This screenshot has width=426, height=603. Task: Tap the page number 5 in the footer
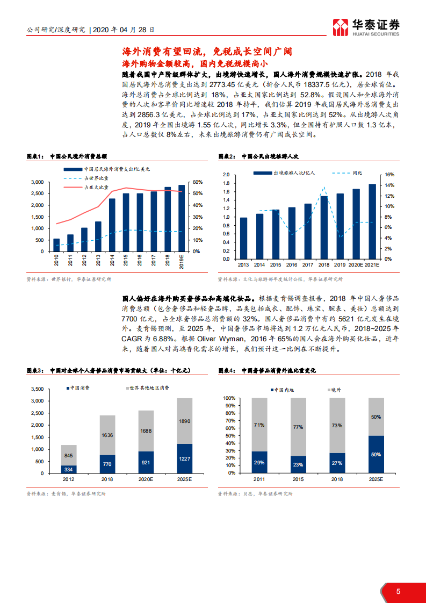pyautogui.click(x=398, y=591)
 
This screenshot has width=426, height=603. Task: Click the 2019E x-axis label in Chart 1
pyautogui.click(x=182, y=262)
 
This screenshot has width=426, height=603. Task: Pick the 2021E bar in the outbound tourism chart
pyautogui.click(x=372, y=221)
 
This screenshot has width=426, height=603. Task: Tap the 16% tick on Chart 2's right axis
pyautogui.click(x=389, y=175)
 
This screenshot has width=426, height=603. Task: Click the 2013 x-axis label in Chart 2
pyautogui.click(x=243, y=265)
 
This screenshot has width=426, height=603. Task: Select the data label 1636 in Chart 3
pyautogui.click(x=107, y=435)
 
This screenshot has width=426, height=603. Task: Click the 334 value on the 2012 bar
pyautogui.click(x=68, y=469)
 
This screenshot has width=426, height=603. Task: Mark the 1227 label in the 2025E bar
pyautogui.click(x=184, y=458)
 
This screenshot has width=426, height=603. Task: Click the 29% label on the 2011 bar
pyautogui.click(x=259, y=462)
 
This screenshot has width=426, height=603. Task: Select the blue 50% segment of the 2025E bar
pyautogui.click(x=376, y=455)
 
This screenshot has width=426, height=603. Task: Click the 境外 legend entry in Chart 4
pyautogui.click(x=335, y=390)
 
